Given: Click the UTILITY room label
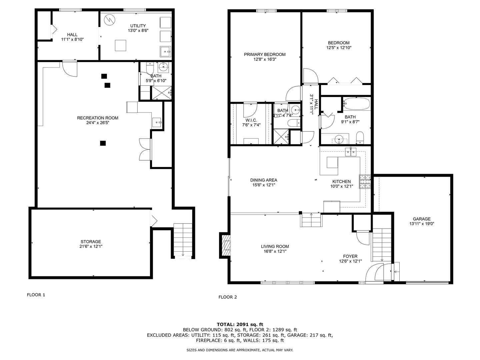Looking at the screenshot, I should click(x=138, y=26).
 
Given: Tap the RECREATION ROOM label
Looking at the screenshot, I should click(x=98, y=118).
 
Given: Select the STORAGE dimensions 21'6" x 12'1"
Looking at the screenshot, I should click(x=91, y=247).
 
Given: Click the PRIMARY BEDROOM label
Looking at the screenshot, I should click(x=265, y=55).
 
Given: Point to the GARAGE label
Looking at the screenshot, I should click(x=422, y=219).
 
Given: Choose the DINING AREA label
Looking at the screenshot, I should click(x=264, y=180).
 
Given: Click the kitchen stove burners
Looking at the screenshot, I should click(x=365, y=182).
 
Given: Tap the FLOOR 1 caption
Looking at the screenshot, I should click(x=36, y=295).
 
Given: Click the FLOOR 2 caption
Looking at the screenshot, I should click(x=227, y=297).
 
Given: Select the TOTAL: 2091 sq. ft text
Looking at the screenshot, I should click(x=240, y=324).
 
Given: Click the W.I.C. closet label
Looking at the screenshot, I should click(x=251, y=120).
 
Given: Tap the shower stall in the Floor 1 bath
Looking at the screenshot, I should click(x=162, y=92).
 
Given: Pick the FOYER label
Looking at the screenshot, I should click(x=350, y=256).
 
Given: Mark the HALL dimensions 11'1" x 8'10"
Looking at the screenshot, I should click(x=72, y=39).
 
